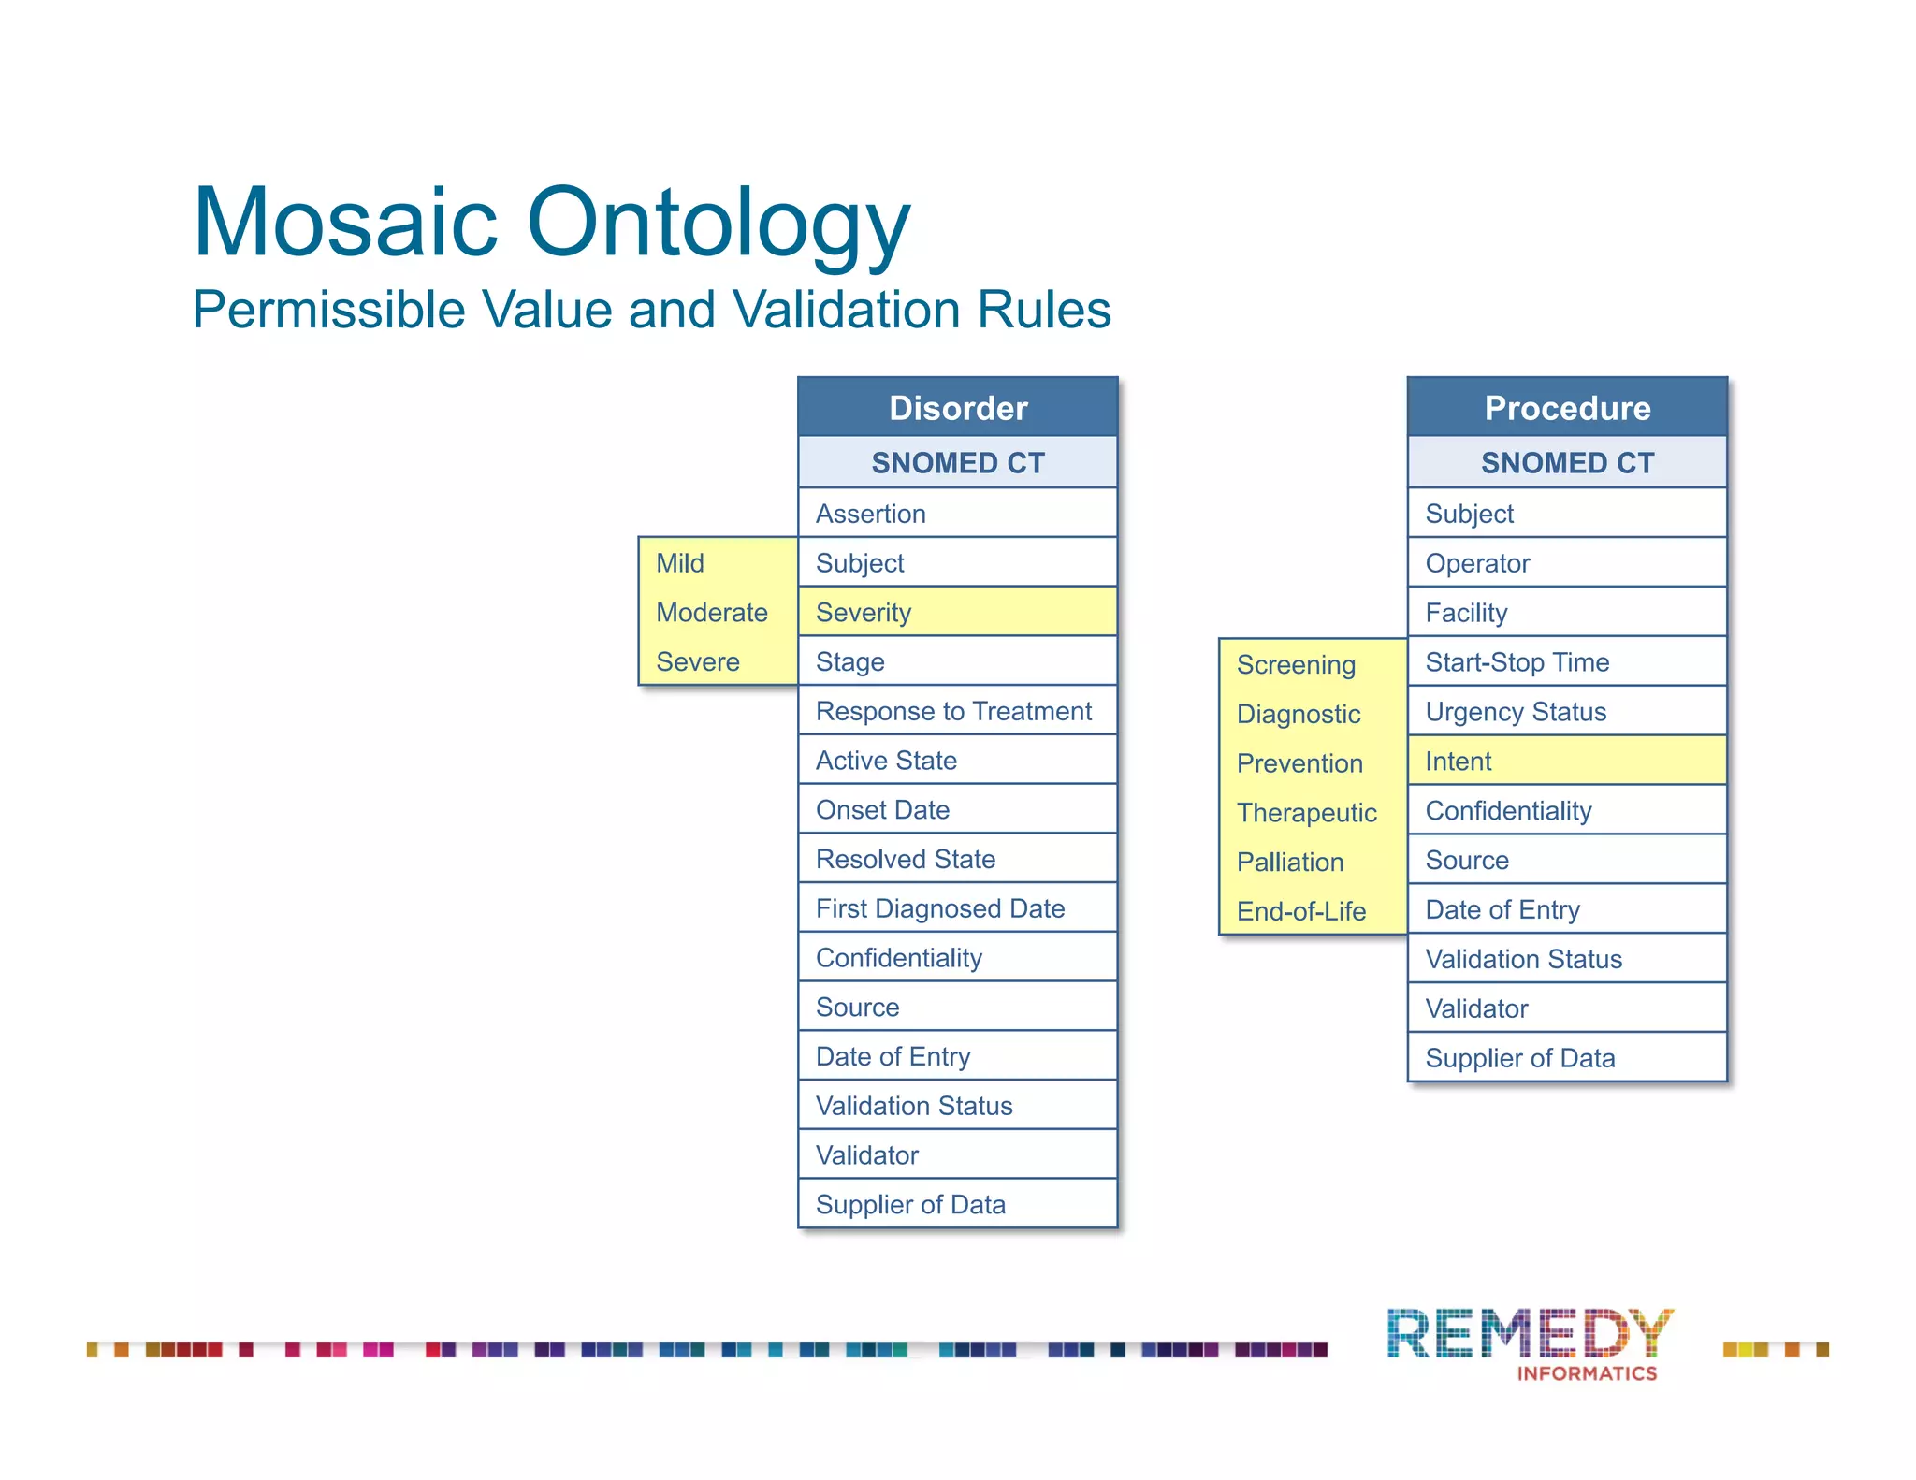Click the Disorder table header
(x=957, y=408)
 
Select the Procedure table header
(x=1567, y=408)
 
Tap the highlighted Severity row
(x=957, y=612)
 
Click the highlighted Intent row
(x=1567, y=761)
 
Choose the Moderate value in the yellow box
(x=712, y=612)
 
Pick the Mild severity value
(x=680, y=563)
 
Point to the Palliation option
(x=1290, y=862)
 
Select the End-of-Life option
(x=1301, y=911)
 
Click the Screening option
(x=1296, y=664)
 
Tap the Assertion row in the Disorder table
(x=957, y=514)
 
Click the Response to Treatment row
(x=957, y=711)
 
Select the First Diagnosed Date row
(x=957, y=908)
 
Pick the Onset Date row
(x=957, y=809)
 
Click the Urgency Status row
(x=1567, y=712)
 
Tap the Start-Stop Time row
(x=1567, y=662)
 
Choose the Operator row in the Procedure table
(x=1567, y=563)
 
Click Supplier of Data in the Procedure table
(x=1567, y=1058)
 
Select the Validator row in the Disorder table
(x=957, y=1155)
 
